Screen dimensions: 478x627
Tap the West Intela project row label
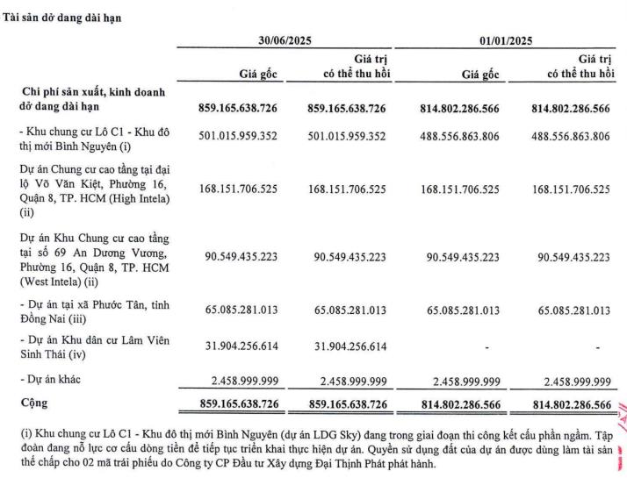88,256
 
